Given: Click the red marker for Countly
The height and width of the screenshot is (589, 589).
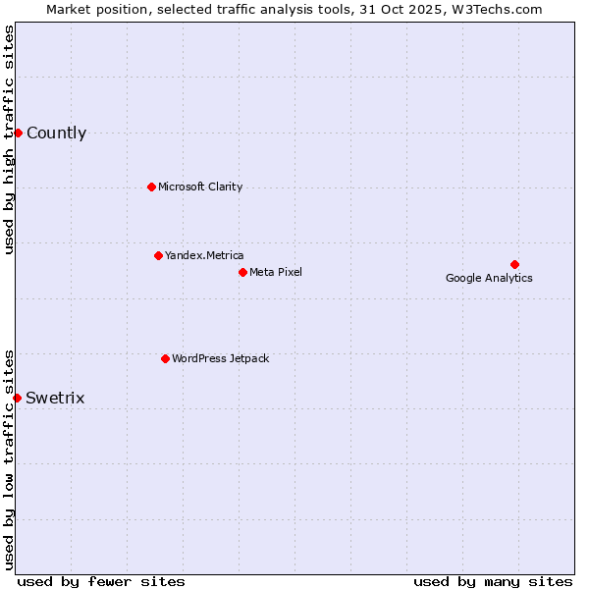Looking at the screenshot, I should coord(18,133).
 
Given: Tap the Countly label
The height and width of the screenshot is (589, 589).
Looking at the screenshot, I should coord(56,134).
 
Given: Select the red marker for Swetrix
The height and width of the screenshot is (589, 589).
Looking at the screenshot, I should coord(18,398).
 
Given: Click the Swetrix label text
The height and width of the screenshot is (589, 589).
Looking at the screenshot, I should coord(55,398).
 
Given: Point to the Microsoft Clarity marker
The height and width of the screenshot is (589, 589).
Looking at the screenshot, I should coord(151,187).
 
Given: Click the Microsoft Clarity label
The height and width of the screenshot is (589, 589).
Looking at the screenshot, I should coord(200,187).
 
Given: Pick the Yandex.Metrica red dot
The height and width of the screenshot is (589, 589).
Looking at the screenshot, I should coord(158,255).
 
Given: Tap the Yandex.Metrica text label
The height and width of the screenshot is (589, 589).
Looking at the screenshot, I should coord(204,255).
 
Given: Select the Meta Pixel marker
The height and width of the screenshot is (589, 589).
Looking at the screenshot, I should coord(242,272).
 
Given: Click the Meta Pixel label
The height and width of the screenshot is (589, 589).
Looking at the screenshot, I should coord(276,272).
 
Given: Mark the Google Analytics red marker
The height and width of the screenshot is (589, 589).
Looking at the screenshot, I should coord(514,264).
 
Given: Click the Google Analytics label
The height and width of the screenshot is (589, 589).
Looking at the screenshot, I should coord(489,278).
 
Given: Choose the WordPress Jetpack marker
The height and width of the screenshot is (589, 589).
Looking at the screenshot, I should coord(165,358).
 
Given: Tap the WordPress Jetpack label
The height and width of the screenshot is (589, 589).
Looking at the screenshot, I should coord(220,358).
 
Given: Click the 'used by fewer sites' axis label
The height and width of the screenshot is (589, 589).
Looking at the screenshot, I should coord(101,581).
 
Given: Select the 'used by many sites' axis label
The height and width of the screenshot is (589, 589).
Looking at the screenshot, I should coord(493,581).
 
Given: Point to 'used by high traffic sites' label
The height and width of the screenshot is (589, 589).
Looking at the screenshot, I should coord(10,139).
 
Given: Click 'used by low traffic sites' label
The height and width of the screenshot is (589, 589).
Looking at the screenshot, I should coord(10,459).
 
